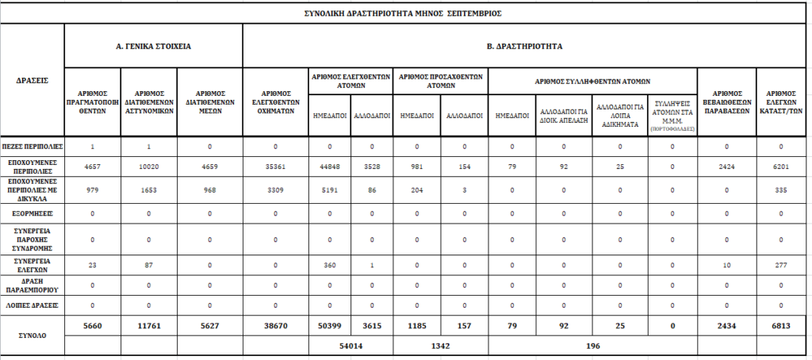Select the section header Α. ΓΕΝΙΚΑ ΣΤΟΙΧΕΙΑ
pos(153,46)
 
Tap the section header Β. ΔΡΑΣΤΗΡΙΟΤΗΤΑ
pos(525,46)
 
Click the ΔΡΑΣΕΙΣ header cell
pos(32,80)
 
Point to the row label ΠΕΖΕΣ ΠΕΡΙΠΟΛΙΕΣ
pos(33,147)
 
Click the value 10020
pos(148,168)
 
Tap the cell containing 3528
pos(370,168)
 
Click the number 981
pos(416,168)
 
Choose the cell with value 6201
pos(780,168)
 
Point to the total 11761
pos(148,325)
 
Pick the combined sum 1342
pos(440,346)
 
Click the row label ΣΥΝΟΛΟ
pos(33,335)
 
